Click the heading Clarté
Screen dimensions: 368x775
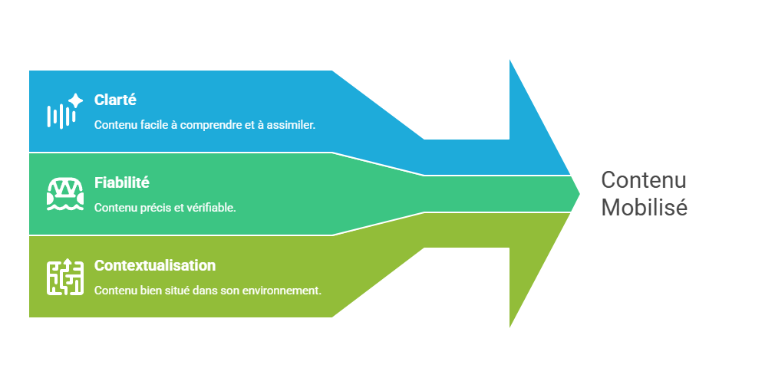[x=115, y=100]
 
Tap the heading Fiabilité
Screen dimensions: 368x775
[x=121, y=182]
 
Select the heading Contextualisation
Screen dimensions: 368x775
[x=154, y=265]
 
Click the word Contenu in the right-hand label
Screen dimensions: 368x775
[x=643, y=180]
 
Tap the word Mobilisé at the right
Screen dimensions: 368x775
[x=644, y=207]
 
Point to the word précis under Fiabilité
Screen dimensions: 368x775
[x=149, y=207]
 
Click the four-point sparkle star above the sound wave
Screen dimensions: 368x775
[x=75, y=100]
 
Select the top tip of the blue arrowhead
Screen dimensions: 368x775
[x=510, y=58]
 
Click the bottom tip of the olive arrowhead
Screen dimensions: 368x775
[x=510, y=330]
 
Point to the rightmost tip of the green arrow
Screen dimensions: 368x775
[x=581, y=193]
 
